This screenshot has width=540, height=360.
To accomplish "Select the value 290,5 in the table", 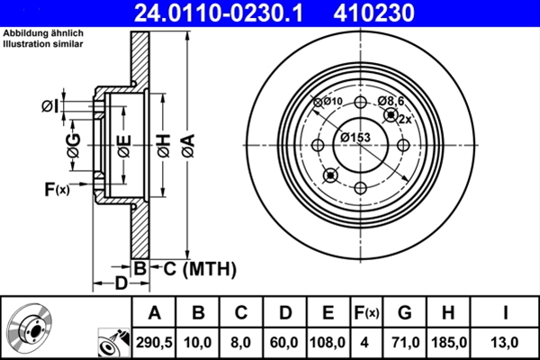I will [155, 342].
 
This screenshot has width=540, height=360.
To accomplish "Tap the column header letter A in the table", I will [155, 313].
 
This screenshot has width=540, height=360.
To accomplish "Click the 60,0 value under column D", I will [284, 342].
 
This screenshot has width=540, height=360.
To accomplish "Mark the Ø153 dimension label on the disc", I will [355, 137].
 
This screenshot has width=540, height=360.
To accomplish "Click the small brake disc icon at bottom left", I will [32, 328].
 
